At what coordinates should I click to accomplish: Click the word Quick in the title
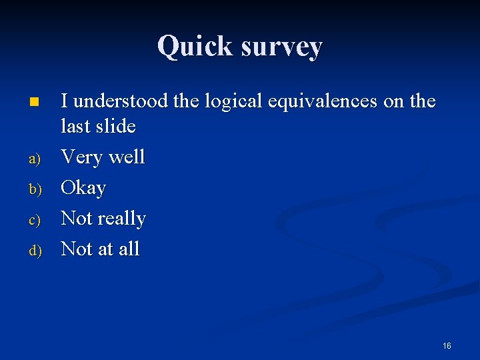pyautogui.click(x=193, y=47)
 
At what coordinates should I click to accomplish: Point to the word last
pyautogui.click(x=75, y=126)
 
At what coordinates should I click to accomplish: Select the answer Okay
pyautogui.click(x=83, y=189)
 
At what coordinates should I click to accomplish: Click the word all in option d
pyautogui.click(x=129, y=249)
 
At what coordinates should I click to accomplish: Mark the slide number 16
pyautogui.click(x=447, y=345)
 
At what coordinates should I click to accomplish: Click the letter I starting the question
pyautogui.click(x=65, y=101)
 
